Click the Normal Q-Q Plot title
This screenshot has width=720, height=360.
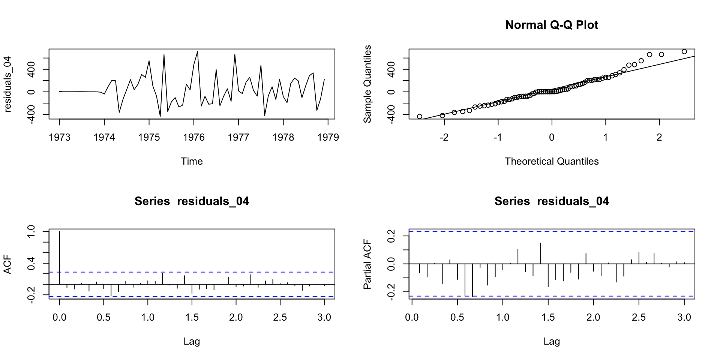552,25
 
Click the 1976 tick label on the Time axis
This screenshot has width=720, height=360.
194,138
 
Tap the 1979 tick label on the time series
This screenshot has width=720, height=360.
328,138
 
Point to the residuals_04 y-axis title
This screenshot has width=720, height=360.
8,84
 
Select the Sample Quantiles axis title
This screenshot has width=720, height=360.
368,84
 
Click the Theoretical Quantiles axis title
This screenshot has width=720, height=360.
552,162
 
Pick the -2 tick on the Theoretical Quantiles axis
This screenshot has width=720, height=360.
444,138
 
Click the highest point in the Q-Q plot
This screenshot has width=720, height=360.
684,52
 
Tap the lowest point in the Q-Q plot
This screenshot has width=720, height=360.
420,117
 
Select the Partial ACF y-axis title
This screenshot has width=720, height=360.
368,264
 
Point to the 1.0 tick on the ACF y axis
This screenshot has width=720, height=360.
31,232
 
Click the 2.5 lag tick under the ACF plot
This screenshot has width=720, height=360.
280,318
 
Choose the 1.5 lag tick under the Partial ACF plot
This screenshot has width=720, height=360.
548,318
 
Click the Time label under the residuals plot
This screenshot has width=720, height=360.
192,162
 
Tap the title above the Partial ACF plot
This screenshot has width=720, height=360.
552,201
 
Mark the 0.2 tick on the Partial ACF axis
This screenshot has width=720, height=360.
392,236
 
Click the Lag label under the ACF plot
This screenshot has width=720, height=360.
192,342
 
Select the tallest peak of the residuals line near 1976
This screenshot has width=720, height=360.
198,52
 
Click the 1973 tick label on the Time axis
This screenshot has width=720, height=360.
60,138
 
